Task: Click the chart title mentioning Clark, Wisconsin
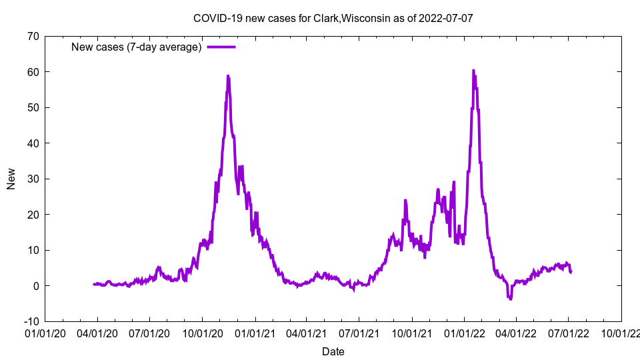tap(333, 18)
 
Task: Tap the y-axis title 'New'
tap(11, 179)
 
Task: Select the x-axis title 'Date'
tap(333, 351)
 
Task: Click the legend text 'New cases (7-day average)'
tap(137, 47)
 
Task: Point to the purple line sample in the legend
tap(221, 47)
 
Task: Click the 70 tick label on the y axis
tap(32, 36)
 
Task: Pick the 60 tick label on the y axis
tap(32, 72)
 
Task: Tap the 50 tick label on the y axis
tap(32, 107)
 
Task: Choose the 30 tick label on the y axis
tap(32, 179)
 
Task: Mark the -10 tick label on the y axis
tap(30, 321)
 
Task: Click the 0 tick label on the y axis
tap(35, 286)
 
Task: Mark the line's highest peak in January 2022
tap(473, 70)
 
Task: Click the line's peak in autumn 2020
tap(227, 76)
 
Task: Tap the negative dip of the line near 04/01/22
tap(510, 299)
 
